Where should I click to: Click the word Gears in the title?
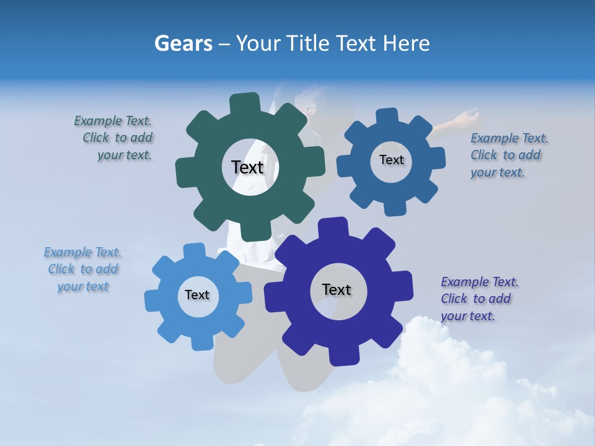tap(183, 43)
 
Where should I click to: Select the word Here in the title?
tap(407, 43)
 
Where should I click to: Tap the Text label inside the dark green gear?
tap(247, 167)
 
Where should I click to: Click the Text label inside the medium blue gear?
tap(391, 160)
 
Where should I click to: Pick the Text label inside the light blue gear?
tap(196, 295)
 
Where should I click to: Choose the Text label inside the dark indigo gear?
tap(336, 289)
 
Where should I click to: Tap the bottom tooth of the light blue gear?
tap(198, 342)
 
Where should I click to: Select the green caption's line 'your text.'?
tap(125, 155)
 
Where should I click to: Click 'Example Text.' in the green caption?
tap(113, 121)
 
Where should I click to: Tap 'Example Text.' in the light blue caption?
tap(82, 252)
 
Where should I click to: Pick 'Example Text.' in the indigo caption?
tap(480, 282)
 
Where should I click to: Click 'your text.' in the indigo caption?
tap(468, 316)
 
